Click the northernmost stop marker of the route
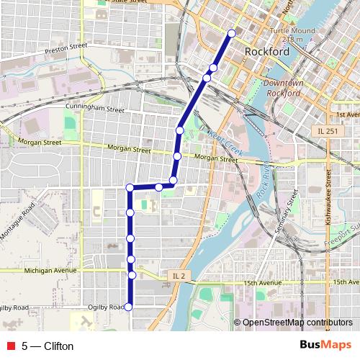[x=232, y=33]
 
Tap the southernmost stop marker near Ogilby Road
[x=129, y=307]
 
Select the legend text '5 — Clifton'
[x=48, y=346]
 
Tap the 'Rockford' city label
[x=267, y=52]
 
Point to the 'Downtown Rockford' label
[x=282, y=88]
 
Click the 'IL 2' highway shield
[x=179, y=276]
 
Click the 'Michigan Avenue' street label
[x=50, y=271]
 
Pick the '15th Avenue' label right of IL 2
[x=262, y=283]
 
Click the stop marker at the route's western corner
[x=130, y=188]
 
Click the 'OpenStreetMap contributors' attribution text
[x=297, y=323]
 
